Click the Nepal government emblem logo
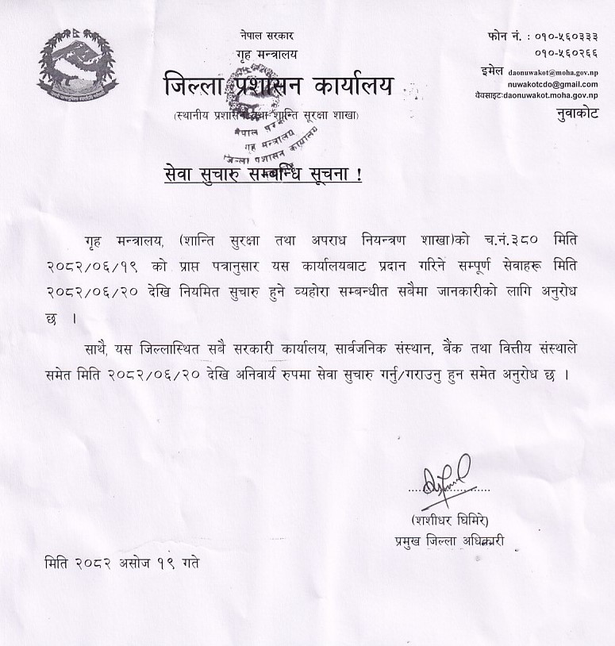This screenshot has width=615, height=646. (76, 67)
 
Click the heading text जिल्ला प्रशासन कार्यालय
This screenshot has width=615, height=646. (278, 86)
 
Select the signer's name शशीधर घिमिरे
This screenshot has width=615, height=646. (451, 521)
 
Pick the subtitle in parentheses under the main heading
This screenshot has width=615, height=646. (267, 116)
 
